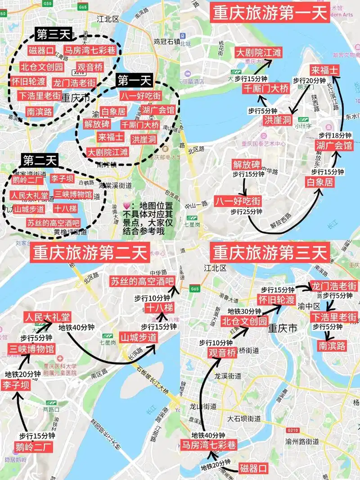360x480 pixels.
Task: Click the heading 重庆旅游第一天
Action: (x=270, y=13)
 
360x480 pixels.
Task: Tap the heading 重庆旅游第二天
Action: (x=90, y=253)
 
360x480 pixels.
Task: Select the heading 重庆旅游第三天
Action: (x=270, y=253)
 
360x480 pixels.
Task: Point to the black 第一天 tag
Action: (x=135, y=81)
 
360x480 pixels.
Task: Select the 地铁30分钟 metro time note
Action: (x=244, y=311)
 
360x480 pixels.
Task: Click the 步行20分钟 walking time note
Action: (x=309, y=80)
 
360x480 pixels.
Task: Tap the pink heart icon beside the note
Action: (x=126, y=206)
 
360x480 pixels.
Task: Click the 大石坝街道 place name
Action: (x=243, y=418)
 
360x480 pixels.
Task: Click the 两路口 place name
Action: (x=51, y=410)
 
